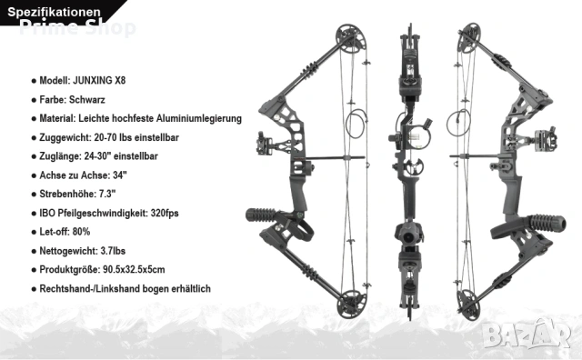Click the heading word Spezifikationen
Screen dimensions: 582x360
click(x=55, y=12)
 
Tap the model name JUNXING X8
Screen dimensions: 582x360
click(x=99, y=81)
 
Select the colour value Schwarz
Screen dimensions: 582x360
click(x=87, y=99)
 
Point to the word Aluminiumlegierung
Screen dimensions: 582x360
click(x=199, y=118)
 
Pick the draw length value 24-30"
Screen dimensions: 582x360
click(x=97, y=155)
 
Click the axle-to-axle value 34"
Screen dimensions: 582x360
click(x=120, y=175)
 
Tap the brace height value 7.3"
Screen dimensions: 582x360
click(x=107, y=194)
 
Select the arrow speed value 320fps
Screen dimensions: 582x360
click(x=165, y=213)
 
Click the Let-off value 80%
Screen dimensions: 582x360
click(x=81, y=232)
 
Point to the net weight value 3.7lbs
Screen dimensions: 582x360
click(x=113, y=251)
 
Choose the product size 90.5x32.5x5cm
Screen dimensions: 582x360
click(x=134, y=269)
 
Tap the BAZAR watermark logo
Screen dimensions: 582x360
click(x=527, y=334)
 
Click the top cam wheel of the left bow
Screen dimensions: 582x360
click(x=350, y=38)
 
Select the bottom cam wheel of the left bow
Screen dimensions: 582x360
click(x=351, y=304)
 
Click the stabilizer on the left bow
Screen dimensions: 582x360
click(x=261, y=215)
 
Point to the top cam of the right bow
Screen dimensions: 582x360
click(x=468, y=37)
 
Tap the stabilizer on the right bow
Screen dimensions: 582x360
click(x=547, y=223)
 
